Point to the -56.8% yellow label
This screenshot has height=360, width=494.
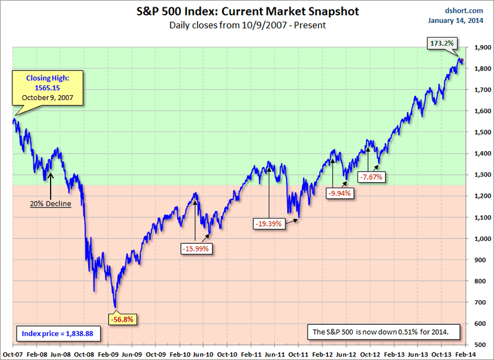click(x=121, y=320)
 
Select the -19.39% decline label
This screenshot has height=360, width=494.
click(x=269, y=224)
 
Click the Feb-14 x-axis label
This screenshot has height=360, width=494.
click(x=466, y=354)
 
